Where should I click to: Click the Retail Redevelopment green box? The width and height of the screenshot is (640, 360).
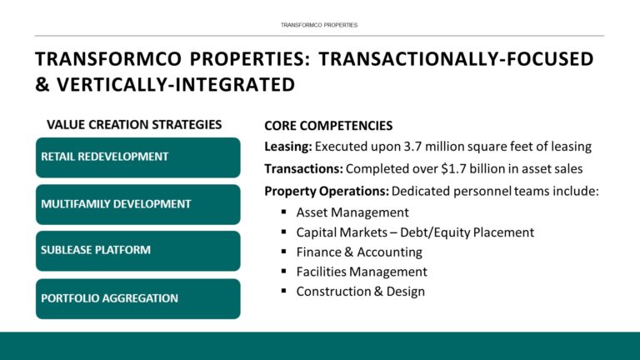[x=137, y=157]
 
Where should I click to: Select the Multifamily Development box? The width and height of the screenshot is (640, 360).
[x=137, y=204]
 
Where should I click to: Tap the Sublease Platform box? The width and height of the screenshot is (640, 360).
[x=137, y=251]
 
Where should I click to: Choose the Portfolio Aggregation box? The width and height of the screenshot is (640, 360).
[x=137, y=298]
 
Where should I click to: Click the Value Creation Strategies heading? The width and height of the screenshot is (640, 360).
[x=134, y=125]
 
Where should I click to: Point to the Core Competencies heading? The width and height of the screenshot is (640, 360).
[x=328, y=126]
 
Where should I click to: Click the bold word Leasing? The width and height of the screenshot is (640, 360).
[x=288, y=147]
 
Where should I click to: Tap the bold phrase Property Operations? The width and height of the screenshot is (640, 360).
[x=326, y=191]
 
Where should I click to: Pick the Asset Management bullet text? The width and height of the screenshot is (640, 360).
[x=352, y=212]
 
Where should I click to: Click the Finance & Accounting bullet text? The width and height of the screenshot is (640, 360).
[x=359, y=252]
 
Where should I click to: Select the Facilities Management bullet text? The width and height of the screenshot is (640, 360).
[x=362, y=272]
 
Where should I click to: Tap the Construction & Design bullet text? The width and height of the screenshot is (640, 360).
[x=360, y=292]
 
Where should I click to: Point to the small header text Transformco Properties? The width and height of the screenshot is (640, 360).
[x=320, y=25]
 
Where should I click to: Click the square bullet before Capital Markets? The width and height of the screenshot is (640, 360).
[x=284, y=232]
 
